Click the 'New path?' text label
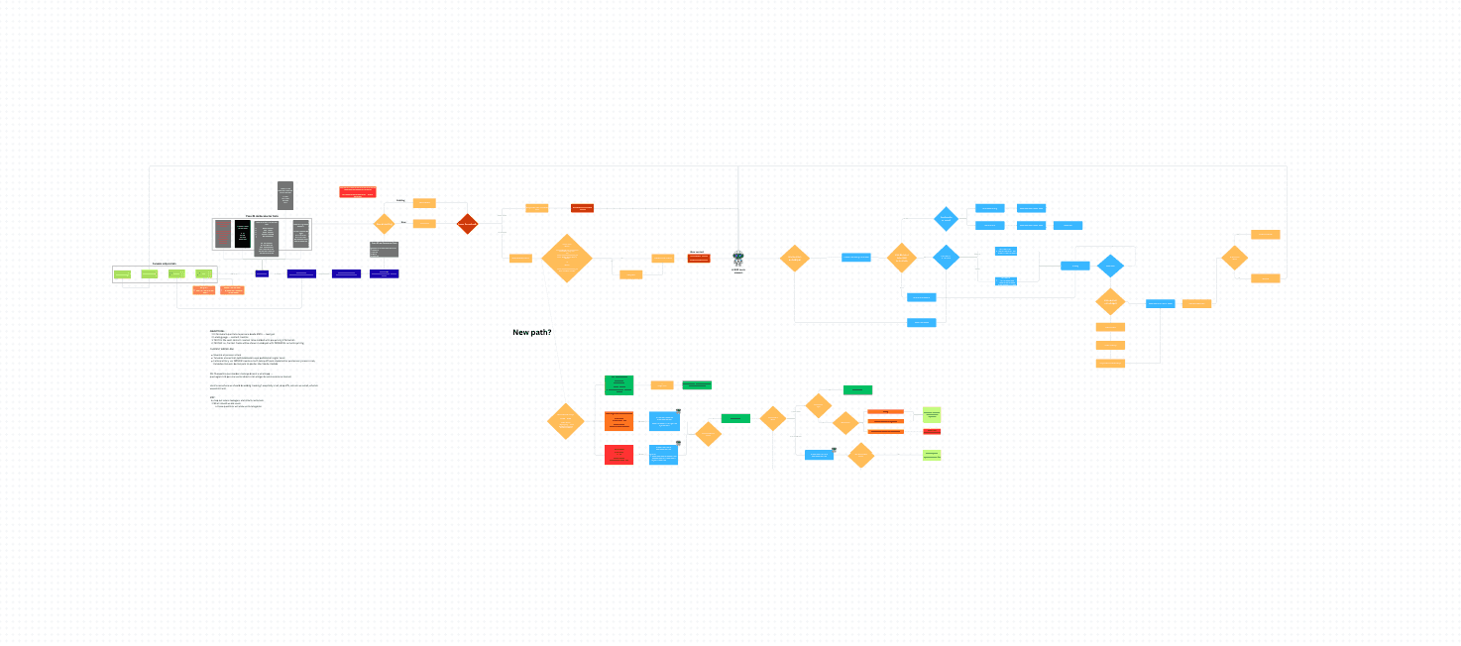532,332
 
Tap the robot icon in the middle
738,258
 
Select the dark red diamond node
467,224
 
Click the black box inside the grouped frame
242,235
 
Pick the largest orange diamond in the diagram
567,259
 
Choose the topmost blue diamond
947,219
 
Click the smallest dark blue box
262,273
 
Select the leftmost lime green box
123,273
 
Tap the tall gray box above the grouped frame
285,195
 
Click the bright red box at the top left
357,191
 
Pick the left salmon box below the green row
204,290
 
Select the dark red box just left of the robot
699,258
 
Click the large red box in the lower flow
618,455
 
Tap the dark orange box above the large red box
618,421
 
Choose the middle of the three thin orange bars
885,421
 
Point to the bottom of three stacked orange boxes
1110,364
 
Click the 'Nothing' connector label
401,201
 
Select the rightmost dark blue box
384,273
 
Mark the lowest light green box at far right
931,455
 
